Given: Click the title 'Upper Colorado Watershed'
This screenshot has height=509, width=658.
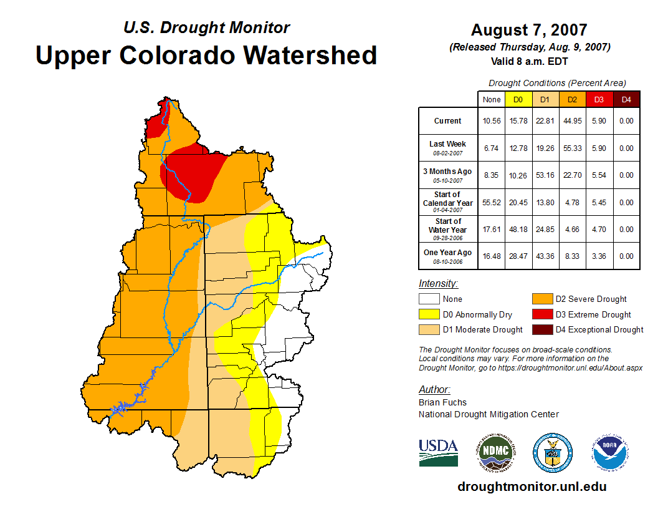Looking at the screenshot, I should click(206, 55).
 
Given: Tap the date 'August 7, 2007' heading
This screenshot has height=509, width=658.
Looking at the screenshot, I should click(529, 30).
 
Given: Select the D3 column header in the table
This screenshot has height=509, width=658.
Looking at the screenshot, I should click(599, 99).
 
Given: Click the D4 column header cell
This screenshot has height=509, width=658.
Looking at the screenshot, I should click(626, 99).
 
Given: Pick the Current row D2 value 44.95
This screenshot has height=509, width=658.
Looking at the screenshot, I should click(572, 121).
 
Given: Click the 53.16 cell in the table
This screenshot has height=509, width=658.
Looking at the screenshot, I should click(545, 175).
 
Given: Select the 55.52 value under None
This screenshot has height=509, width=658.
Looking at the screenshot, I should click(491, 203).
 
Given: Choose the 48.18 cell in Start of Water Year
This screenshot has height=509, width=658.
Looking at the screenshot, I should click(518, 230).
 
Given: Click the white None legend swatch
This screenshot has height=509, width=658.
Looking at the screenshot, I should click(429, 299).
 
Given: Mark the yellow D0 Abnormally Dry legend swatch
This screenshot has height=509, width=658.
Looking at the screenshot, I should click(429, 314).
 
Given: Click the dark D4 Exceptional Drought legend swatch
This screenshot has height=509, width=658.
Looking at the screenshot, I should click(541, 329).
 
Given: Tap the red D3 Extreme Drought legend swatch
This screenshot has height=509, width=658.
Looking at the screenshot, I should click(541, 314).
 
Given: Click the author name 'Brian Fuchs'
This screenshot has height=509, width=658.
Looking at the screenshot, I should click(442, 402).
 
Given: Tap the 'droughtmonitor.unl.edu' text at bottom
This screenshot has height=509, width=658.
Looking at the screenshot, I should click(532, 487).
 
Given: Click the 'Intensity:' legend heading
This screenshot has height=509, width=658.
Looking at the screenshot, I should click(438, 284).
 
